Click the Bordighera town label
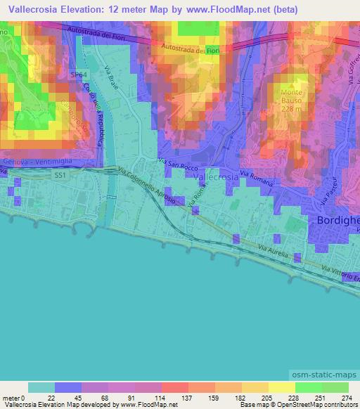click(335, 221)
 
